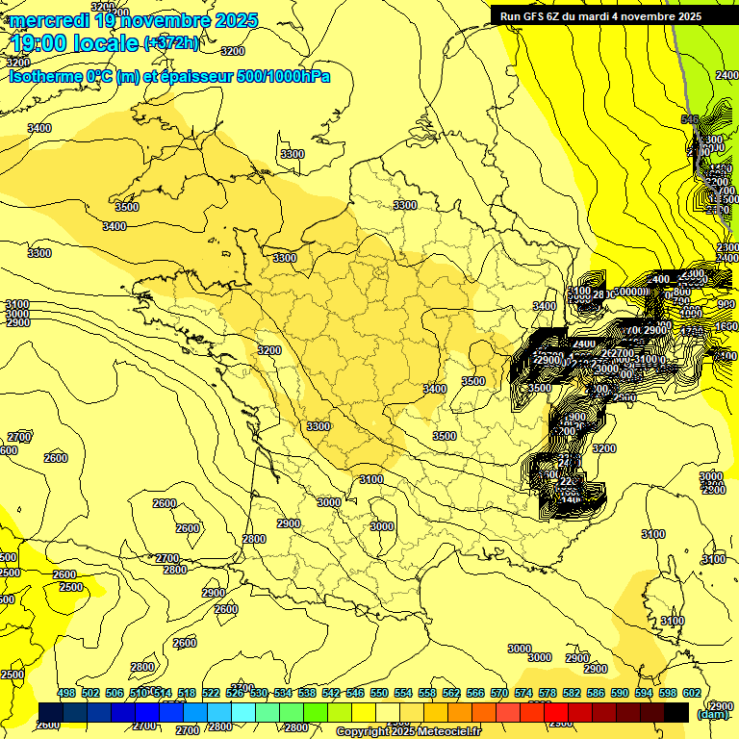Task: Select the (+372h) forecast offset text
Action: pyautogui.click(x=171, y=42)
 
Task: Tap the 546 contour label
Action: pyautogui.click(x=689, y=119)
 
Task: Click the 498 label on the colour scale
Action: pyautogui.click(x=66, y=693)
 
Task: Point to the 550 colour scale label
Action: pyautogui.click(x=379, y=693)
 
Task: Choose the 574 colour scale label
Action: pyautogui.click(x=523, y=693)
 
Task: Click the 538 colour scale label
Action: pyautogui.click(x=307, y=693)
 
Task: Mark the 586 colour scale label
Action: pyautogui.click(x=596, y=693)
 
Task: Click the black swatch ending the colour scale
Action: pyautogui.click(x=676, y=712)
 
